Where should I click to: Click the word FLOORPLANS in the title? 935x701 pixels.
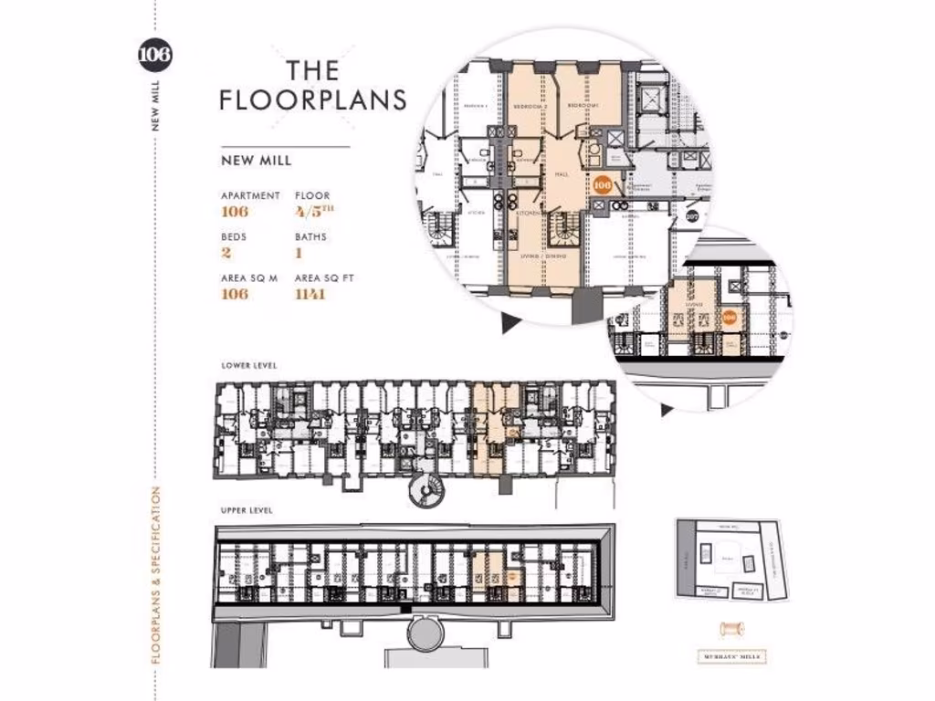coord(313,99)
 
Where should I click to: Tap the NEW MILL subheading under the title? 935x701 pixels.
coord(257,161)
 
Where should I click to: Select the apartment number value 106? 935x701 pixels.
coord(235,212)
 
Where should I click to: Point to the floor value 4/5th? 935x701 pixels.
coord(311,212)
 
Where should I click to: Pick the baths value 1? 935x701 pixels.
coord(299,253)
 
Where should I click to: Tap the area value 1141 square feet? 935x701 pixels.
coord(311,294)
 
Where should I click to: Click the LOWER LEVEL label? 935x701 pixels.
coord(249,365)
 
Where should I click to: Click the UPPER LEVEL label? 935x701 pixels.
coord(247,510)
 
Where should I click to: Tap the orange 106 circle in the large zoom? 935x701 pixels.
coord(602,184)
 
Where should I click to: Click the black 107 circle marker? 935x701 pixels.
coord(692,216)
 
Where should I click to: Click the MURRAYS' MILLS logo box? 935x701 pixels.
coord(729,656)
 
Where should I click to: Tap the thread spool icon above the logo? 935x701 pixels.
coord(729,629)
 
